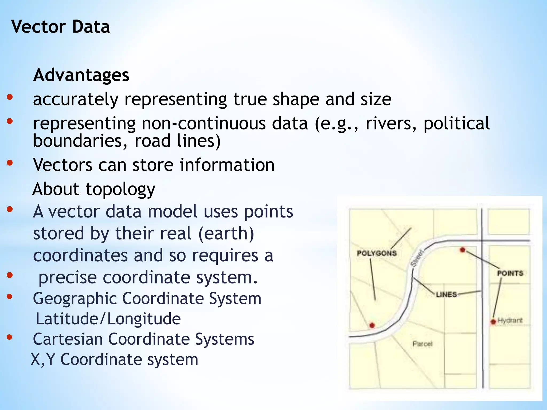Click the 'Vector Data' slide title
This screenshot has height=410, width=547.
[60, 27]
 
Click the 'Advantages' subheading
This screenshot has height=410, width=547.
[81, 75]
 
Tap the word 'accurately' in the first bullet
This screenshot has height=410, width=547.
[76, 99]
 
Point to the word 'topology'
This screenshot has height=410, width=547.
[120, 189]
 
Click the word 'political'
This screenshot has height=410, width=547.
[456, 123]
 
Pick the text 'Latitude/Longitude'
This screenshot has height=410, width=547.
[108, 319]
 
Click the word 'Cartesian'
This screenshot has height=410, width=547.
[68, 339]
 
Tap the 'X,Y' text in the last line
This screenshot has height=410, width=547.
[43, 359]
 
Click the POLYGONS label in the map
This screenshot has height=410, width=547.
[377, 253]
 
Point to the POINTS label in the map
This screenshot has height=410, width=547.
[510, 273]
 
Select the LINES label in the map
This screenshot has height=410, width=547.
[446, 295]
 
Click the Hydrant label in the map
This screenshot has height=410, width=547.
[510, 320]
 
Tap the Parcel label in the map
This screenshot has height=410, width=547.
[422, 344]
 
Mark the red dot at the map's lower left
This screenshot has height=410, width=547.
[372, 325]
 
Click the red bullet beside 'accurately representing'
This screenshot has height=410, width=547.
[10, 97]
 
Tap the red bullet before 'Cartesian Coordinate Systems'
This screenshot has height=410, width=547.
[10, 337]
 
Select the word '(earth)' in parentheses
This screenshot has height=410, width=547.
[226, 234]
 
